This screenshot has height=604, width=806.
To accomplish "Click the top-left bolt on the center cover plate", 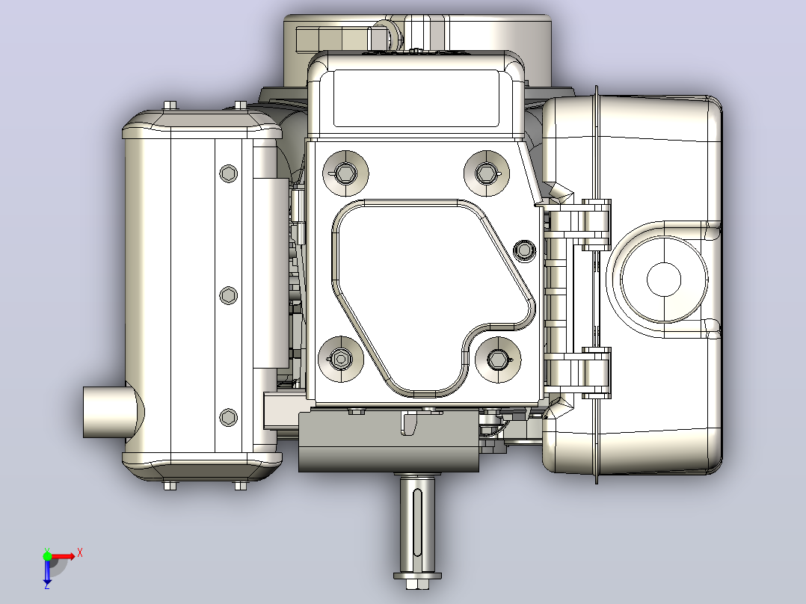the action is point(345,173).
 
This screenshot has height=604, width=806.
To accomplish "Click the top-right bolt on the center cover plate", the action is point(486,173).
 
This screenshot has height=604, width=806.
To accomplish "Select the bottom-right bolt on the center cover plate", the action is point(498,360).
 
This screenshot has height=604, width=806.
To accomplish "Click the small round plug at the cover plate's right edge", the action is point(524,250).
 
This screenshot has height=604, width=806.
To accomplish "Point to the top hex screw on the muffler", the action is point(229,173).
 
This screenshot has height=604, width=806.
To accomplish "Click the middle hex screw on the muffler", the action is point(229,295).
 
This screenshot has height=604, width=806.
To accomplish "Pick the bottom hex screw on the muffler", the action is point(229,417).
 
